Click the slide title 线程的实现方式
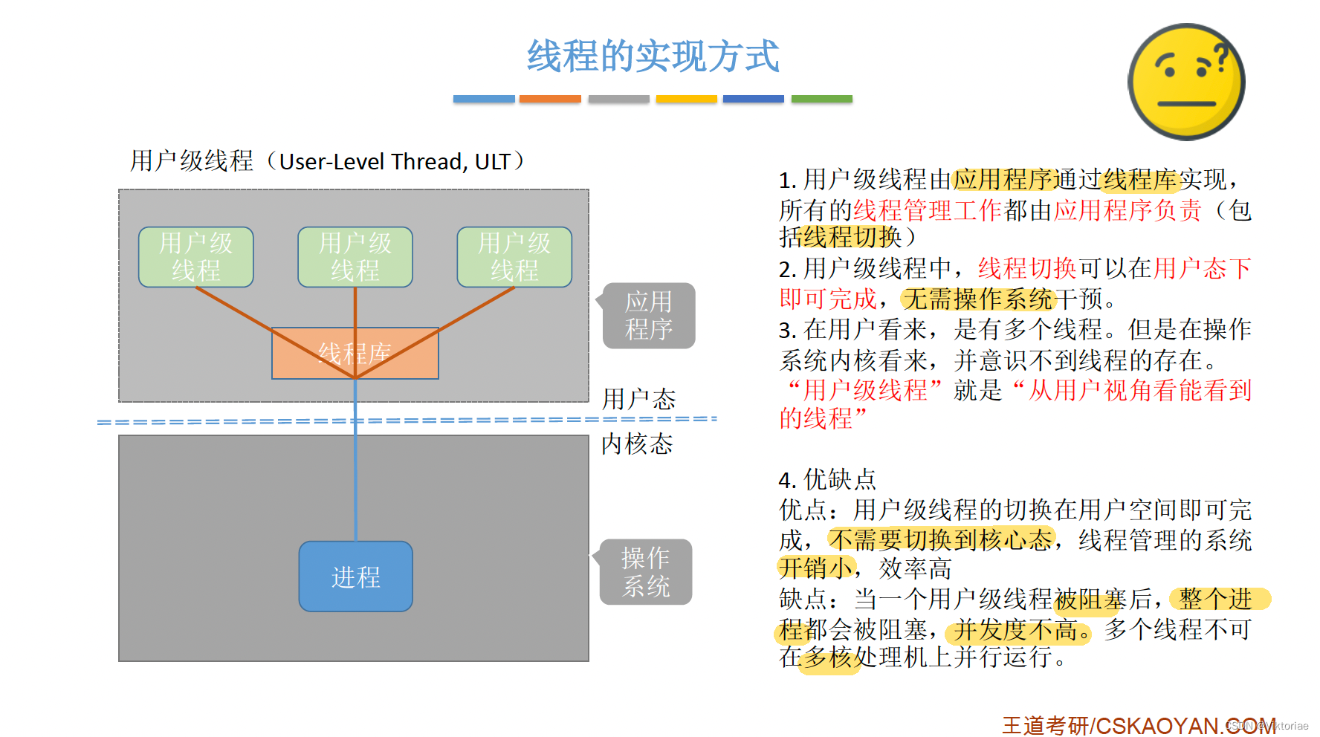point(653,56)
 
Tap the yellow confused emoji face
point(1186,82)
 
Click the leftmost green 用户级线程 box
point(196,257)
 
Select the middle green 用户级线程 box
point(355,257)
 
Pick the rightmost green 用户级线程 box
point(514,257)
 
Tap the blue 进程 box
point(355,577)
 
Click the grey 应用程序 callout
point(649,316)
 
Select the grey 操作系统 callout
point(646,572)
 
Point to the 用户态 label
point(638,400)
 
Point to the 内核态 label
point(637,444)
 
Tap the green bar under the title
point(821,99)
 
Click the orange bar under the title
point(550,99)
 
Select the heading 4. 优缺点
point(826,479)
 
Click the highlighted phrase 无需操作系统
point(978,299)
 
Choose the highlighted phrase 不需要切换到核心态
point(941,539)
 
